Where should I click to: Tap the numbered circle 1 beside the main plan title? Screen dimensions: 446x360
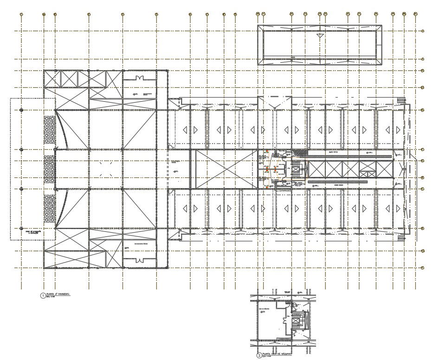43,295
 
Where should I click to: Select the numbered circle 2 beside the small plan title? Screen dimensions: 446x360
259,356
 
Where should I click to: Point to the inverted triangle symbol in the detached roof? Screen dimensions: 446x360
319,35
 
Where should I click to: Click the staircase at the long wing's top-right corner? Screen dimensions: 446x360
401,100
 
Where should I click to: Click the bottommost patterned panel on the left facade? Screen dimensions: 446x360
50,208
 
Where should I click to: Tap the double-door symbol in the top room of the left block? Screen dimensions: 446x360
140,77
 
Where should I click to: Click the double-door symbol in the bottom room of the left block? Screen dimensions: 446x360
140,260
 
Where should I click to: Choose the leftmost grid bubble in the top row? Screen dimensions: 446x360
21,14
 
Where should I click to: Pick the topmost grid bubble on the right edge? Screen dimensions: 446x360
423,31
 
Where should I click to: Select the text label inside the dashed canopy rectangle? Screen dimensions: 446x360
32,232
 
